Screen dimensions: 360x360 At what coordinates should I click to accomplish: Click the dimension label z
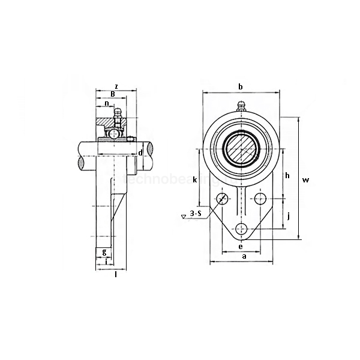point(116,86)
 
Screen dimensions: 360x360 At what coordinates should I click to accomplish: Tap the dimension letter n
point(107,104)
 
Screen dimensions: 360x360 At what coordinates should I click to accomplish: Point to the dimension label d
point(140,153)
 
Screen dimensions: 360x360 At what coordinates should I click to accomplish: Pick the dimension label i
point(106,261)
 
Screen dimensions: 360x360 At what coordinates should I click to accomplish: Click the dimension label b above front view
point(241,87)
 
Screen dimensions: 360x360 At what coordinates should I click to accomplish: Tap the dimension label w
point(305,180)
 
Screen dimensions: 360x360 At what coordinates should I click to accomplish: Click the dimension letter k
point(195,179)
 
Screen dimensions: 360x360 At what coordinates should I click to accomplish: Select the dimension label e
point(241,246)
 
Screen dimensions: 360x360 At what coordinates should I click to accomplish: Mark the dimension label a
point(243,256)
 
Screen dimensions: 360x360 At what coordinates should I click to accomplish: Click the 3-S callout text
point(196,213)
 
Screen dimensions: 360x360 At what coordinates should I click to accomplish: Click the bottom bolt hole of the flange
point(241,229)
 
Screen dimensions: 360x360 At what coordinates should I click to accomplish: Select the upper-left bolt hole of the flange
point(223,199)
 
